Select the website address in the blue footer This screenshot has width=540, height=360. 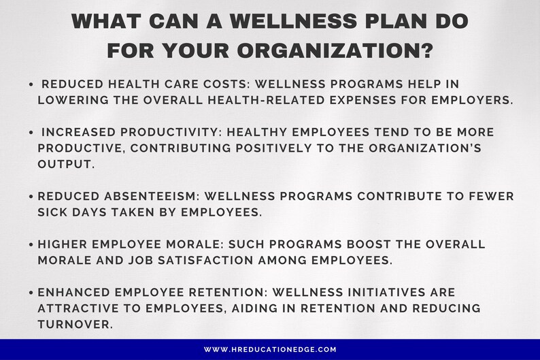270,349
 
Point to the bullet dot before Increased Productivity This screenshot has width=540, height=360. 32,132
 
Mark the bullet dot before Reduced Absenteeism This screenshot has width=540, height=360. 32,196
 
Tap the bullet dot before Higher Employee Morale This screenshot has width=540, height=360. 32,244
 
